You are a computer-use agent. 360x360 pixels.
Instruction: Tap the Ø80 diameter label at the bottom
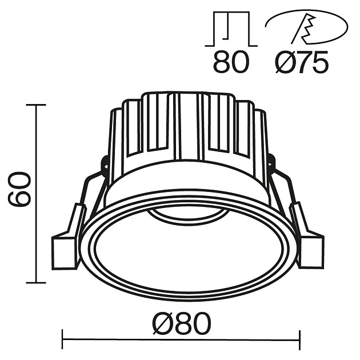coord(182,324)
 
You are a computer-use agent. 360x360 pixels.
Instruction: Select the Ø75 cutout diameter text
coord(302,61)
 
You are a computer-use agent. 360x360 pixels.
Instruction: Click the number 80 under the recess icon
coord(231,61)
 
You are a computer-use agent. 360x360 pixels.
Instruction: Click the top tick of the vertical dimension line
coord(36,105)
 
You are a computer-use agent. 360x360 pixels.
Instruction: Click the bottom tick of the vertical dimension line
coord(36,282)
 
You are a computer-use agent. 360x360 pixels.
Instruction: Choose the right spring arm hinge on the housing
coord(271,166)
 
